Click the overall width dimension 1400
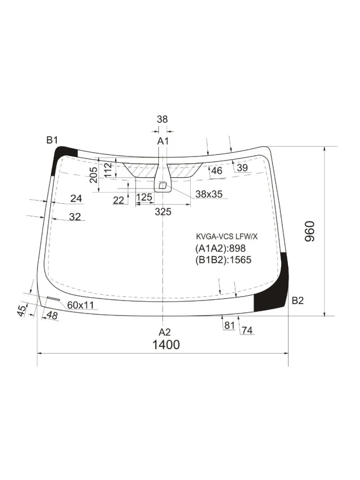[x=166, y=345]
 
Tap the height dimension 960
[x=310, y=231]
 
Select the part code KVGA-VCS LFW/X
[x=227, y=237]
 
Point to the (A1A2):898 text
[x=220, y=248]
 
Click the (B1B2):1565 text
[x=223, y=260]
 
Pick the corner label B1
[x=52, y=140]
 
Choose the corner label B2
[x=298, y=301]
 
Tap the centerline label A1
[x=163, y=141]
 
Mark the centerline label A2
[x=164, y=332]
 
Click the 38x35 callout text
[x=209, y=194]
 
